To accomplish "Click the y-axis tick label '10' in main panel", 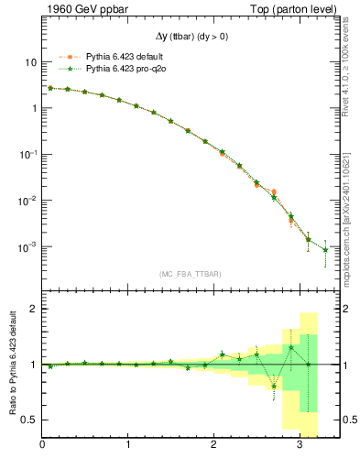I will tap(30, 62).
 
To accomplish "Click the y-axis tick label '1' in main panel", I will tap(33, 108).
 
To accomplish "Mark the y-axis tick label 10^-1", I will tap(27, 154).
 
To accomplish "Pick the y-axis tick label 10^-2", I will tap(27, 201).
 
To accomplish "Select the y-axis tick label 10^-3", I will tap(27, 246).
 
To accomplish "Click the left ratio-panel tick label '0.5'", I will tap(29, 420).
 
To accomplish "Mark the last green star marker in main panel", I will tap(325, 250).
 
